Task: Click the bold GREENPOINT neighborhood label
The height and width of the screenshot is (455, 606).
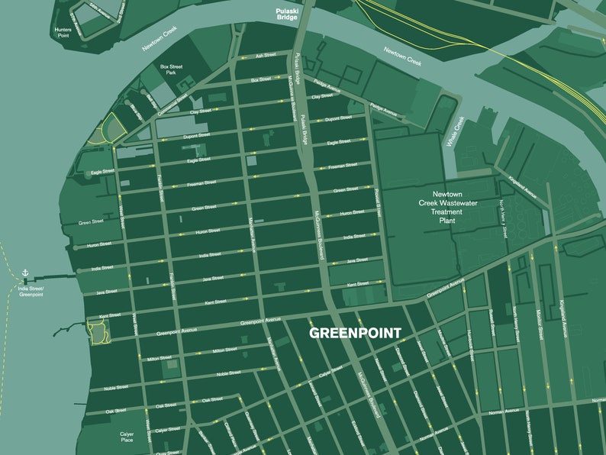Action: tap(354, 334)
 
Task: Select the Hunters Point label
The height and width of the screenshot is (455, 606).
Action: tap(63, 32)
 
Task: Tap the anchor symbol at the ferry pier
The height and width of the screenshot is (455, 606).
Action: tap(24, 273)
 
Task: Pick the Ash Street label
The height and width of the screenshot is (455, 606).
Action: tap(266, 56)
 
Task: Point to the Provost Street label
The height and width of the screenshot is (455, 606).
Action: tap(377, 202)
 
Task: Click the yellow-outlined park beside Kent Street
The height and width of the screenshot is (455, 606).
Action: tap(98, 331)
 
